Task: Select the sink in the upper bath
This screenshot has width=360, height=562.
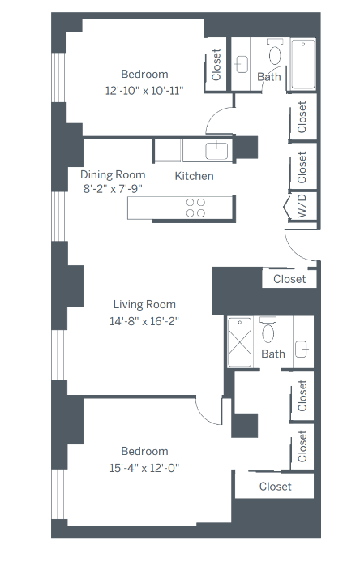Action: [x=242, y=62]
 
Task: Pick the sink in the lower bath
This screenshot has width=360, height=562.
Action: [x=302, y=349]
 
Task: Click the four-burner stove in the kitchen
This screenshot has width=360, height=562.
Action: [x=195, y=208]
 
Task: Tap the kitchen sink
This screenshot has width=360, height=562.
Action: [x=216, y=149]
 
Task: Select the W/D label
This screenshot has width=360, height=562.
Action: [x=302, y=205]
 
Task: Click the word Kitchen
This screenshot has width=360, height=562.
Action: [x=195, y=175]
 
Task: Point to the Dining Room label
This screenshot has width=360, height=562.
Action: [x=113, y=174]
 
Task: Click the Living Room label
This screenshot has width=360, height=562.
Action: [x=144, y=305]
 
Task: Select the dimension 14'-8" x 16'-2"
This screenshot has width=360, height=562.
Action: [x=144, y=320]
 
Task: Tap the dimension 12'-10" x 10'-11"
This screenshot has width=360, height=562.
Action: [x=144, y=90]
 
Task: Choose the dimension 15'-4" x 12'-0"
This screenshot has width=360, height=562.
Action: [x=144, y=467]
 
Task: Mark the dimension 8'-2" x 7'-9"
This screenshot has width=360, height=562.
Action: [x=113, y=189]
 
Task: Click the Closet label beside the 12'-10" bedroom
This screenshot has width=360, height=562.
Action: [x=216, y=64]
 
